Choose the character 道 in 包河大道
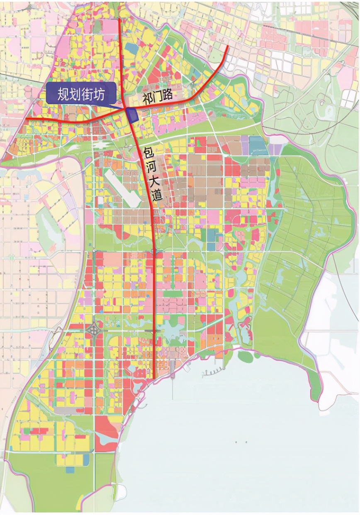click(x=157, y=195)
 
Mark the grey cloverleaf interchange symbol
click(x=94, y=330)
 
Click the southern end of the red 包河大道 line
click(x=154, y=377)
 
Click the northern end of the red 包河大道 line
click(x=120, y=19)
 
